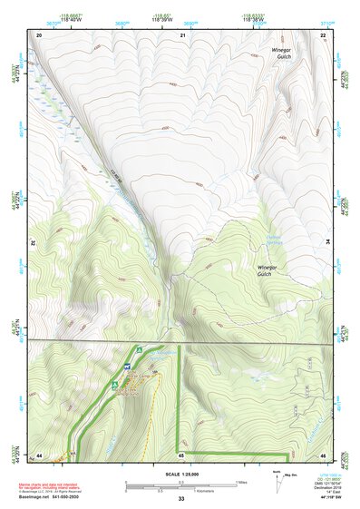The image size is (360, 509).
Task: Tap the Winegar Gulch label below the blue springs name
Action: click(x=270, y=271)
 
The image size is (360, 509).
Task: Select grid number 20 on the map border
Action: click(x=39, y=34)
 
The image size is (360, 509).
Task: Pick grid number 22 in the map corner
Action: click(x=324, y=34)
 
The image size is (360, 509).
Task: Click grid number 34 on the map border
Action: click(x=326, y=242)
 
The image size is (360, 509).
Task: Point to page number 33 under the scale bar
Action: click(x=180, y=499)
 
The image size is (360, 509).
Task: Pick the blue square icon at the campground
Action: click(x=114, y=384)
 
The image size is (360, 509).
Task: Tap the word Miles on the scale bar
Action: click(x=242, y=481)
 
